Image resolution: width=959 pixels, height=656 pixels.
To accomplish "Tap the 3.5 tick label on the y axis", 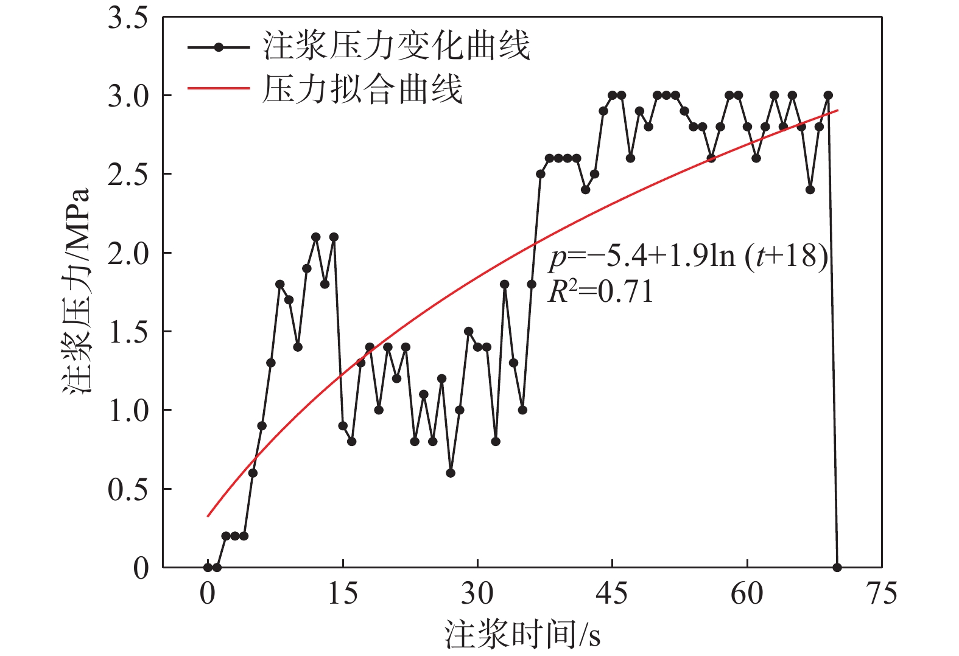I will tap(128, 18).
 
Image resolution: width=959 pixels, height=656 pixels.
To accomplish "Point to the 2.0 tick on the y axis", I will tap(128, 253).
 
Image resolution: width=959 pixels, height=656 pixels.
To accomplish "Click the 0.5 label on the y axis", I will tap(128, 489).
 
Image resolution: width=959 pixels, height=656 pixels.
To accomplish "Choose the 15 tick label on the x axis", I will tap(343, 593).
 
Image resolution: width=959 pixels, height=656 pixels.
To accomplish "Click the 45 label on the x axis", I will tap(612, 593).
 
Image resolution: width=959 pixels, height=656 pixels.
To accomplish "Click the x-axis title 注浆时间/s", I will tap(522, 635).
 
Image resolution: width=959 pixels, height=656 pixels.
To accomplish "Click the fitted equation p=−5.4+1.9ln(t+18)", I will tap(688, 257).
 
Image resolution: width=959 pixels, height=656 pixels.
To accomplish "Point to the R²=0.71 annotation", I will tap(600, 291).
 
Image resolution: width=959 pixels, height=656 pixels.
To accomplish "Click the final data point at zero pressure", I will tap(837, 568).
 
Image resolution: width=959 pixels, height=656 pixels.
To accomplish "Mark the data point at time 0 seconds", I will tap(208, 568).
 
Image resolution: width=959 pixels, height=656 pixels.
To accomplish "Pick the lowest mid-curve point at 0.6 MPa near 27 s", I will tap(451, 473).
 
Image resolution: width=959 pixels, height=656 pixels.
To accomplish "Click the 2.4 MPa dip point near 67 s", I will tap(810, 190).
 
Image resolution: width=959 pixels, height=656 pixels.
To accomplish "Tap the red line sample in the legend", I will tap(219, 89).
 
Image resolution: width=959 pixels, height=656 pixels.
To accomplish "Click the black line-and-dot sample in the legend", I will tap(219, 47).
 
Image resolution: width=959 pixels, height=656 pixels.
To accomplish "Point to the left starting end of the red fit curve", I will tap(208, 516).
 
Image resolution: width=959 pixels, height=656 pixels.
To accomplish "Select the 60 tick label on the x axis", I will tap(746, 593).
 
